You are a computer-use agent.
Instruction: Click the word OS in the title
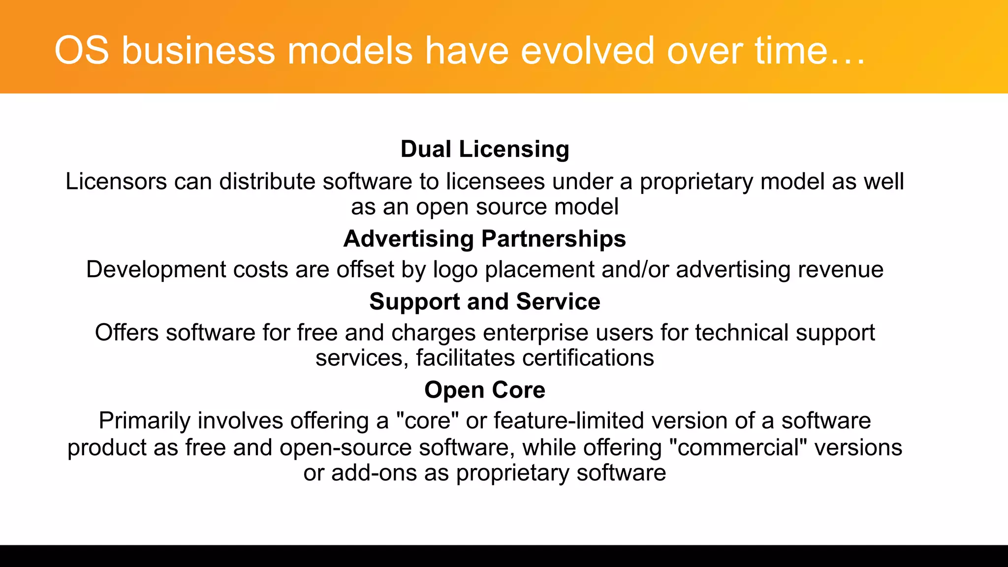[x=81, y=50]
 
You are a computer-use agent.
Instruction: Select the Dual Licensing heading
[x=485, y=149]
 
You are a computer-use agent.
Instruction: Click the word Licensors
[x=116, y=181]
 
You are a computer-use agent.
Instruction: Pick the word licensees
[x=496, y=181]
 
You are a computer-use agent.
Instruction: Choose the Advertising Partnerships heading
[x=485, y=239]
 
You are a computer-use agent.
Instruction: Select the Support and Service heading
[x=485, y=302]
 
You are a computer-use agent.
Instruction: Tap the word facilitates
[x=465, y=358]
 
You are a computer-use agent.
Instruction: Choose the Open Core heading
[x=485, y=390]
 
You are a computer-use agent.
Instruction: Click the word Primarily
[x=145, y=421]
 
